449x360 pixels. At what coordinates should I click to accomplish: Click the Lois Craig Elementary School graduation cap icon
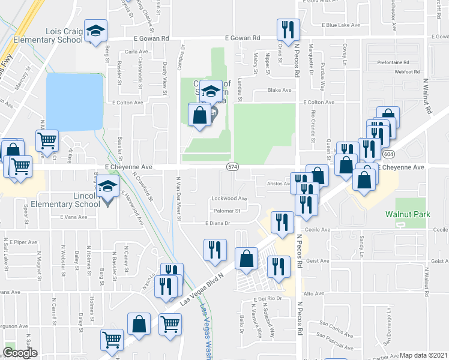click(x=95, y=32)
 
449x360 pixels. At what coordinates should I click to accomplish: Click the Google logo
click(x=20, y=353)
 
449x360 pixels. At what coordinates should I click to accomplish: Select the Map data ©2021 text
click(x=424, y=355)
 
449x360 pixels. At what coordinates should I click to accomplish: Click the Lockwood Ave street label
click(x=229, y=199)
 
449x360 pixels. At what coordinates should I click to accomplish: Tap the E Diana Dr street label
click(x=218, y=223)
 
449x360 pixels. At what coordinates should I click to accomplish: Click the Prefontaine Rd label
click(x=393, y=62)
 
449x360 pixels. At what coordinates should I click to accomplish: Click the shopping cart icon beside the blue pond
click(x=47, y=141)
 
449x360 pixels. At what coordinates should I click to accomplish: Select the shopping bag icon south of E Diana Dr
click(x=247, y=259)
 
